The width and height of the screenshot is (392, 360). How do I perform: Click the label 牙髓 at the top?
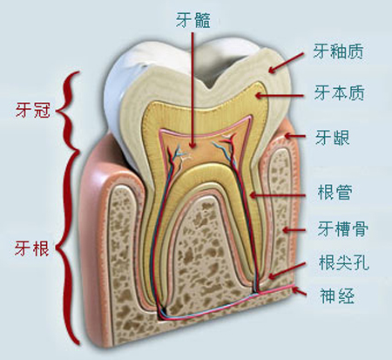click(193, 19)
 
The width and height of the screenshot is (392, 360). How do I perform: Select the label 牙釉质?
click(338, 51)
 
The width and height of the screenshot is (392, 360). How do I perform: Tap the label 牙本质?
click(339, 92)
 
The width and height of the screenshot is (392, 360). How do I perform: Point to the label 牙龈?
click(333, 138)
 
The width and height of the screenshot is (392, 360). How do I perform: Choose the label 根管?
click(335, 192)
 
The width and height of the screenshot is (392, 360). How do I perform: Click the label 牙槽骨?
click(342, 228)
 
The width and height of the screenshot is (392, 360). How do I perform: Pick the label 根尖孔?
click(344, 262)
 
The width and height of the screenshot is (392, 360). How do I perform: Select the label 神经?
click(337, 295)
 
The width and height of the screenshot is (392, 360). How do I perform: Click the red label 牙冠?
click(33, 110)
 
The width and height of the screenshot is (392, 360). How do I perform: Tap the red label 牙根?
click(32, 248)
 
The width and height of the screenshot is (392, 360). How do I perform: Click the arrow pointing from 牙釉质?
click(286, 63)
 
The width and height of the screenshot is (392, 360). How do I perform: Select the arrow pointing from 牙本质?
click(280, 95)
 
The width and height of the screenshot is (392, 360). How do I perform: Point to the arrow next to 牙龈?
click(294, 136)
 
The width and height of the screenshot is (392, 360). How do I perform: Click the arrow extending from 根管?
click(277, 195)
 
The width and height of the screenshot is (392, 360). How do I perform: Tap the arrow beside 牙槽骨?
click(294, 230)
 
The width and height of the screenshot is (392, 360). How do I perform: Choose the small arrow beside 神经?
click(300, 291)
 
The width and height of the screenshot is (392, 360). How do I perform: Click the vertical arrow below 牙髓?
click(192, 91)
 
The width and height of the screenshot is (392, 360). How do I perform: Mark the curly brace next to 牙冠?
click(69, 111)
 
